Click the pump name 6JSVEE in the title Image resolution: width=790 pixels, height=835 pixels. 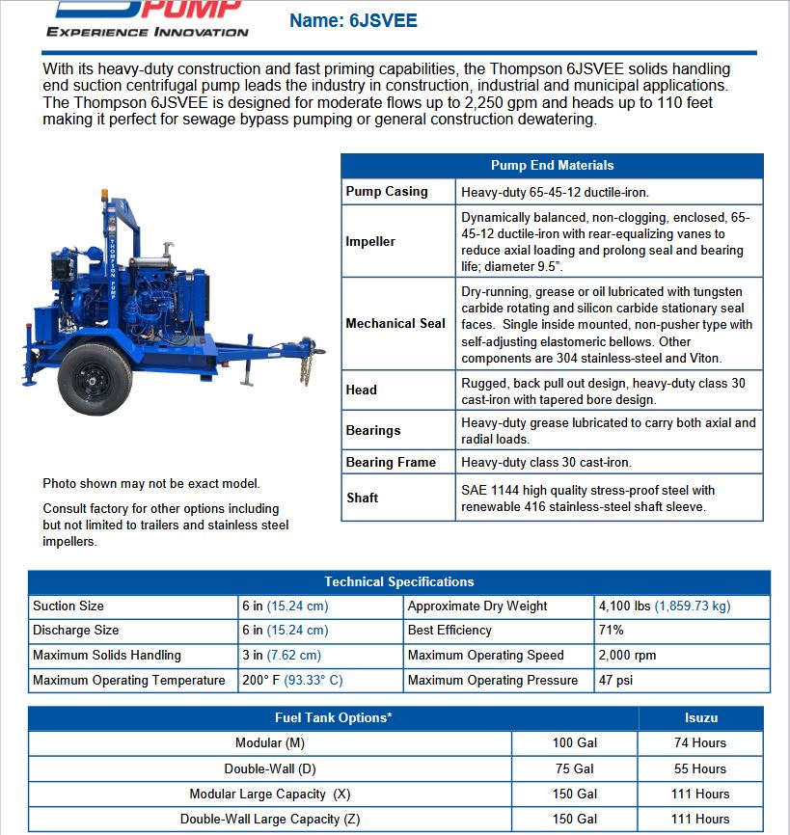tap(383, 20)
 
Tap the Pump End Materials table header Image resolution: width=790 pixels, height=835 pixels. tap(552, 165)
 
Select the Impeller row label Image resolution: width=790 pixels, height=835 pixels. tap(370, 242)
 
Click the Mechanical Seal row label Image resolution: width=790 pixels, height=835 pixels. tap(395, 324)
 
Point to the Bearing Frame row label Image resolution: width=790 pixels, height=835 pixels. tap(391, 463)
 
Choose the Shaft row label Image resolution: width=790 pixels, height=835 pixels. tap(362, 498)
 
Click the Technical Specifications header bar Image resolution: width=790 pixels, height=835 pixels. tap(398, 582)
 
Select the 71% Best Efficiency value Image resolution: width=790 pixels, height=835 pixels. tap(612, 631)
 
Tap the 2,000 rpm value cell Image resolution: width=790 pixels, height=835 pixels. tap(627, 656)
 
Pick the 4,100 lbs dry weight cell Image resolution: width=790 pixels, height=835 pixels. tap(665, 606)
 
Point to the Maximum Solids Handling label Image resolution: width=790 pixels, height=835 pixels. tap(107, 656)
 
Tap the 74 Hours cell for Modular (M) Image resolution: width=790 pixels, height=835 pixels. tap(699, 743)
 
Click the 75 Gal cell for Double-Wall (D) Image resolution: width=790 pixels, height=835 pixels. tap(574, 768)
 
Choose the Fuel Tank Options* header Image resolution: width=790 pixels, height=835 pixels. tap(333, 718)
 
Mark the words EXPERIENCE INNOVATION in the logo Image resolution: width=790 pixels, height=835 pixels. tap(148, 32)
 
